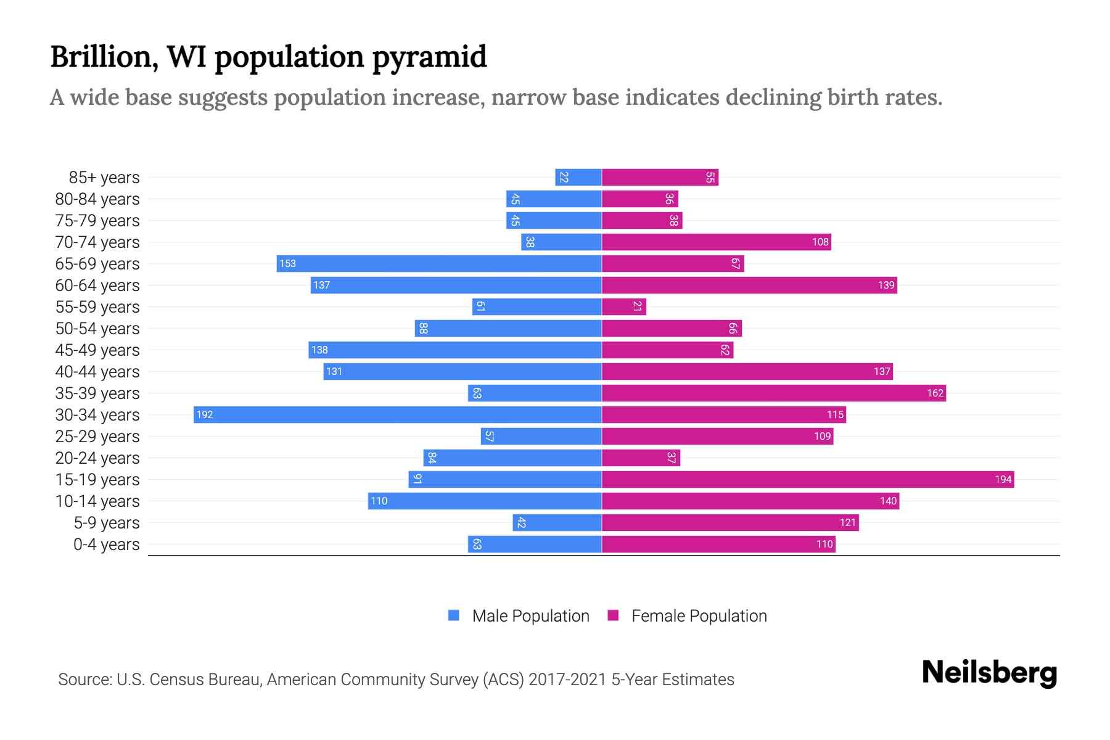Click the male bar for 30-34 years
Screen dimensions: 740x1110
398,414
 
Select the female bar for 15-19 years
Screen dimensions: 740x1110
808,479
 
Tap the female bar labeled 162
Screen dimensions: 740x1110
774,393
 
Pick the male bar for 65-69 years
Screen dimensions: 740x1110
439,263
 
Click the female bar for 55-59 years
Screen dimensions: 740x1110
624,306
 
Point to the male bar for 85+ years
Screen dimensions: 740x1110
578,177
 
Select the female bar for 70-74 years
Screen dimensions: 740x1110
717,242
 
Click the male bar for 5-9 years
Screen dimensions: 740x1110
557,522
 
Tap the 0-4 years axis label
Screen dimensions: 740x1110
106,545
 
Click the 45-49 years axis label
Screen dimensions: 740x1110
97,350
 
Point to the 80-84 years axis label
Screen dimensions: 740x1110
97,199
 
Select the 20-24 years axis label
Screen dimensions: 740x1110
97,458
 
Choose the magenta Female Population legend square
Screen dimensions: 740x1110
613,615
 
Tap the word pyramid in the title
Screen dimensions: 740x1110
429,57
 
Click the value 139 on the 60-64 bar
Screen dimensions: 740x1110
886,285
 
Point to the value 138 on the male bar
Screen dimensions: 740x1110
319,350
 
